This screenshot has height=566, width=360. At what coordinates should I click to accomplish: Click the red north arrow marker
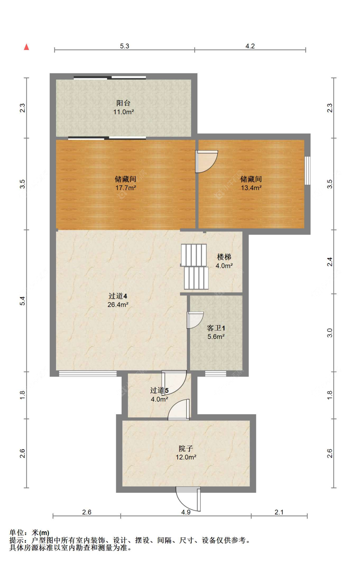pyautogui.click(x=27, y=47)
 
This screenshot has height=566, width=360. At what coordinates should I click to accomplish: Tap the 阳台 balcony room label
pyautogui.click(x=123, y=103)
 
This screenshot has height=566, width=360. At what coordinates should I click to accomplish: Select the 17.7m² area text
pyautogui.click(x=125, y=188)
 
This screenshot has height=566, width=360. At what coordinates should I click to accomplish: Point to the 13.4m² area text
pyautogui.click(x=251, y=188)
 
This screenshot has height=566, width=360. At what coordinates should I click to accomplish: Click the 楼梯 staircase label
pyautogui.click(x=224, y=257)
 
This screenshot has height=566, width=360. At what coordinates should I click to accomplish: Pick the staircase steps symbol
pyautogui.click(x=195, y=267)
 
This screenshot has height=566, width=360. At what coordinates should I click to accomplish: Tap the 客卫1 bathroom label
pyautogui.click(x=216, y=328)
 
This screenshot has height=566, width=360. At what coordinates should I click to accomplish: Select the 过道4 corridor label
pyautogui.click(x=118, y=296)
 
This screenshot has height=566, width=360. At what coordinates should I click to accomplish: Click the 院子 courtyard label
pyautogui.click(x=186, y=449)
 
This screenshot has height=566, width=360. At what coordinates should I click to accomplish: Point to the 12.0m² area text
pyautogui.click(x=186, y=457)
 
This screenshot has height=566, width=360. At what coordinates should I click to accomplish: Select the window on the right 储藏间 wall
pyautogui.click(x=307, y=170)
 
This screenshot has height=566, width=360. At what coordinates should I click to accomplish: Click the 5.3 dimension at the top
pyautogui.click(x=124, y=46)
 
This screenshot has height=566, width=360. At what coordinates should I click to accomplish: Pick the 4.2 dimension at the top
pyautogui.click(x=250, y=46)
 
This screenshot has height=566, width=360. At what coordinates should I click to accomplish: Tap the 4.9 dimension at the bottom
pyautogui.click(x=186, y=512)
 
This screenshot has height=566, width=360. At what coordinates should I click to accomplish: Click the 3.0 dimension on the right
pyautogui.click(x=330, y=333)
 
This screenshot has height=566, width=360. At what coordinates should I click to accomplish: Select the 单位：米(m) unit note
pyautogui.click(x=29, y=533)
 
